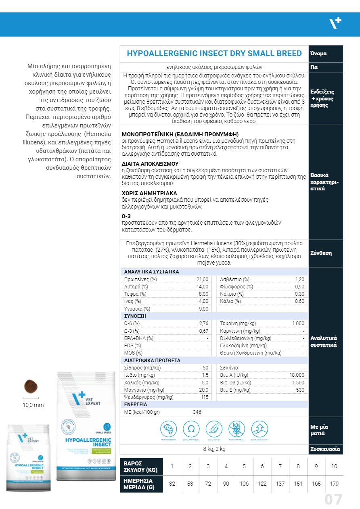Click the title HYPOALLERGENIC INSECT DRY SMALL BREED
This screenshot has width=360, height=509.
click(214, 54)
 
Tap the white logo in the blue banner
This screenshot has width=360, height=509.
click(335, 24)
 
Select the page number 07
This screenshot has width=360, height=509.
click(333, 500)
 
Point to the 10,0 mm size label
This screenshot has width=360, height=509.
click(33, 405)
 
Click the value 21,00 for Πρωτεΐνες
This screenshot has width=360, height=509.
click(202, 280)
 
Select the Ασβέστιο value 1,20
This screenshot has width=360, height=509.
click(299, 280)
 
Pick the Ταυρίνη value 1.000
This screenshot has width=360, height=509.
click(298, 323)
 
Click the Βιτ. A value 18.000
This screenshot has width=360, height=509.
click(297, 375)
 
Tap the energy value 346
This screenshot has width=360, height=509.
click(197, 412)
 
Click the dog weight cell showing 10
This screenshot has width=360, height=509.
click(334, 467)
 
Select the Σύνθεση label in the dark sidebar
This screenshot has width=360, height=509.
click(321, 253)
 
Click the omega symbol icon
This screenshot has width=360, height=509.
click(191, 428)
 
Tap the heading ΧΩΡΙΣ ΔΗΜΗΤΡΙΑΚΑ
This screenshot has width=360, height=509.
click(149, 193)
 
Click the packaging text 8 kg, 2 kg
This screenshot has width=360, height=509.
click(214, 449)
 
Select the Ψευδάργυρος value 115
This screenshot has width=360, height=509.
click(205, 397)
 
